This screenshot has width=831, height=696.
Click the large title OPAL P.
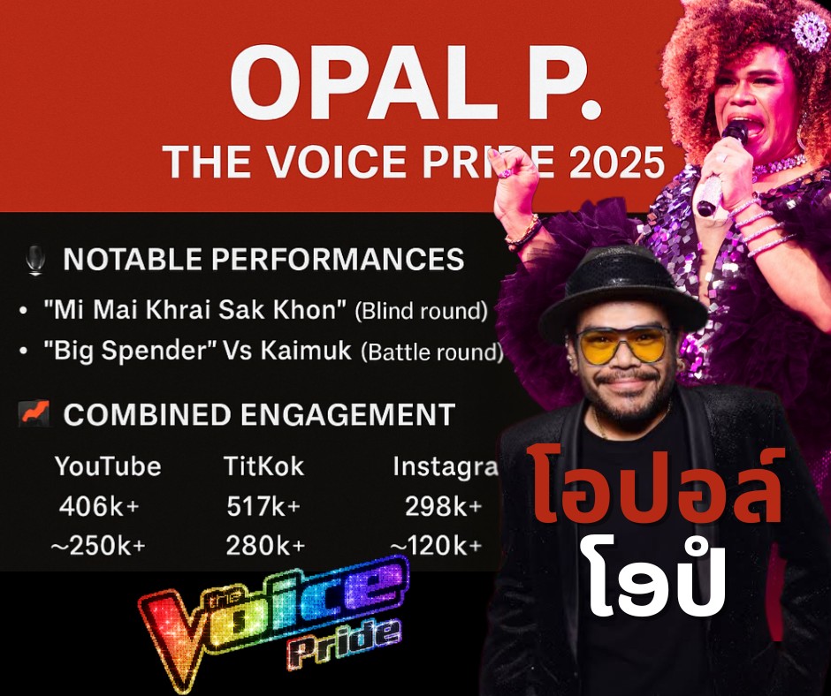pos(416,84)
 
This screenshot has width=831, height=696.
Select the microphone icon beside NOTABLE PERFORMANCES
pos(35,260)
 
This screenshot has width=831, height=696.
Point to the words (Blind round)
pos(422,311)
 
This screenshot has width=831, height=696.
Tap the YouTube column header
pos(108,466)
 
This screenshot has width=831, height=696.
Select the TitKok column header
pos(264,466)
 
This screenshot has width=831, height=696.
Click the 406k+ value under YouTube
pos(99,506)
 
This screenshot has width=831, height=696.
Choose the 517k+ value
pos(263,506)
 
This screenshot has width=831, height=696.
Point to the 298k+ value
pos(444,506)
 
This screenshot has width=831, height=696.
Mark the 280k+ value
pos(265,546)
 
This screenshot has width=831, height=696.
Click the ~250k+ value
pos(98,546)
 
